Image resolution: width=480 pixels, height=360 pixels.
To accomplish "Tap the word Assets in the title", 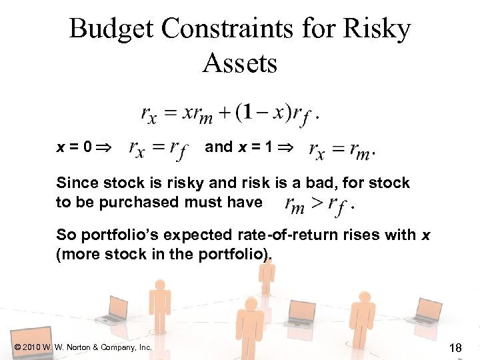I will pos(239,64).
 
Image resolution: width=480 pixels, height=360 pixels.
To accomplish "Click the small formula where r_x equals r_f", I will pos(159,149).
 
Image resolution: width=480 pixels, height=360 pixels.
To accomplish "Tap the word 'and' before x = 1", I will pos(219,147).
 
